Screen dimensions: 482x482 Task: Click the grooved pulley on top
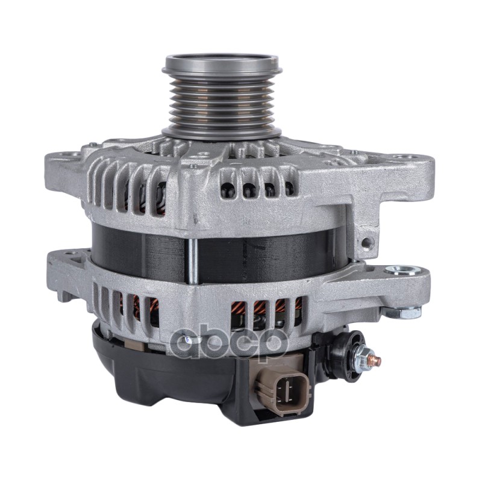coord(221,97)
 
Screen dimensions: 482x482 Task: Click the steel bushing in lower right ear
coord(404,271)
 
